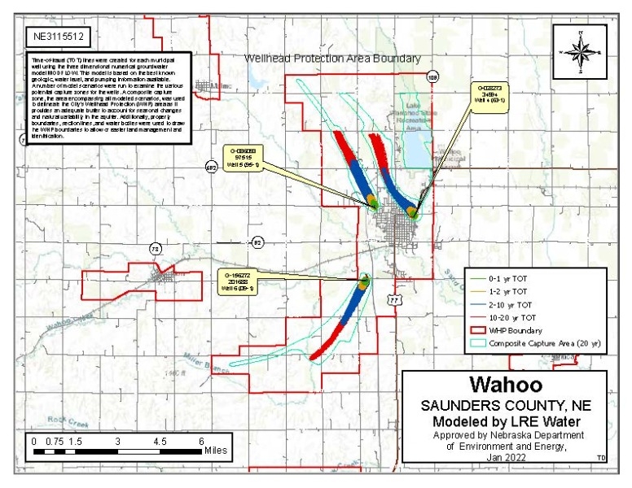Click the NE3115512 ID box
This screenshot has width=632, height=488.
pyautogui.click(x=57, y=37)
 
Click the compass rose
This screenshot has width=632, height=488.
pyautogui.click(x=579, y=50)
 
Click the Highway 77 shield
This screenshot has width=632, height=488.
pyautogui.click(x=395, y=300)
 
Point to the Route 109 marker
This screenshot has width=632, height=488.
pyautogui.click(x=432, y=76)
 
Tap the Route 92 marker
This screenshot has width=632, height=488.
pyautogui.click(x=258, y=242)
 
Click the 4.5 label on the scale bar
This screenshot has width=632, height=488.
pyautogui.click(x=160, y=440)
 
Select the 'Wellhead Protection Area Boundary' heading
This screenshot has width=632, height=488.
pyautogui.click(x=333, y=59)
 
